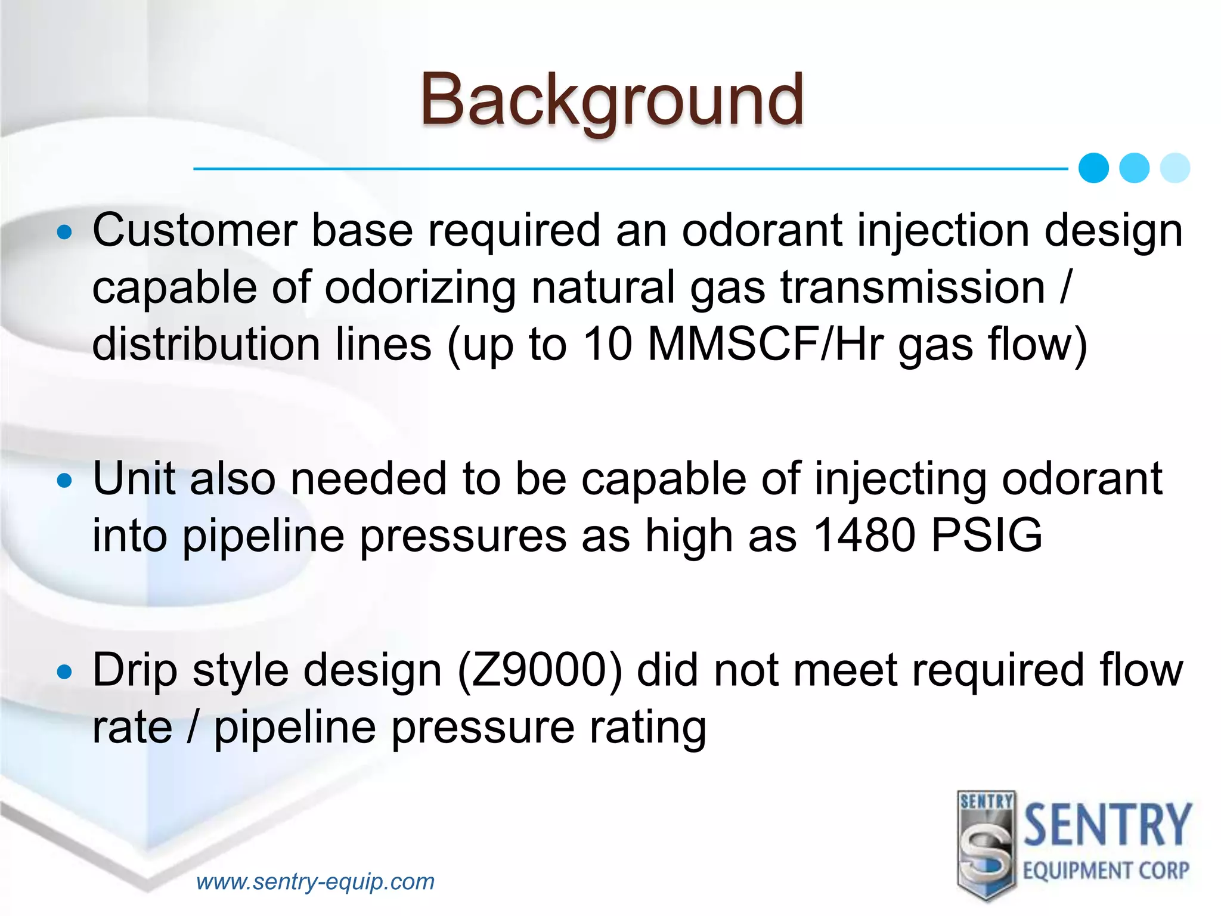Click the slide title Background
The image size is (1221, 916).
tap(612, 99)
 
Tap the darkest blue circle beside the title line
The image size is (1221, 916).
tap(1093, 168)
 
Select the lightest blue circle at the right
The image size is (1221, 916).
tap(1175, 168)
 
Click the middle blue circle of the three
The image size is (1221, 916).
tap(1134, 168)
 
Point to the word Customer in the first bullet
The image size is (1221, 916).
tap(194, 230)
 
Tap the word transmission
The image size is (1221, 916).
tap(913, 287)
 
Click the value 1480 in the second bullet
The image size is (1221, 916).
tap(864, 535)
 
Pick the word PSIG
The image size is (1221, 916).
tap(987, 535)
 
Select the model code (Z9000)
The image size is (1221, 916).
tap(540, 670)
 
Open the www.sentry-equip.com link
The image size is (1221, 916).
tap(315, 881)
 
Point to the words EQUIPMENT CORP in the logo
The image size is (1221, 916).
tap(1106, 871)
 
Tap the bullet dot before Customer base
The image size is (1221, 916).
tap(64, 232)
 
